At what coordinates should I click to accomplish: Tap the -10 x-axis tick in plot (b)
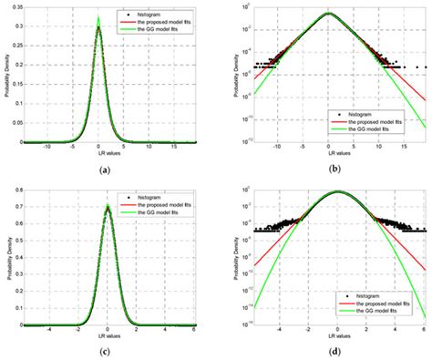(x=279, y=149)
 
